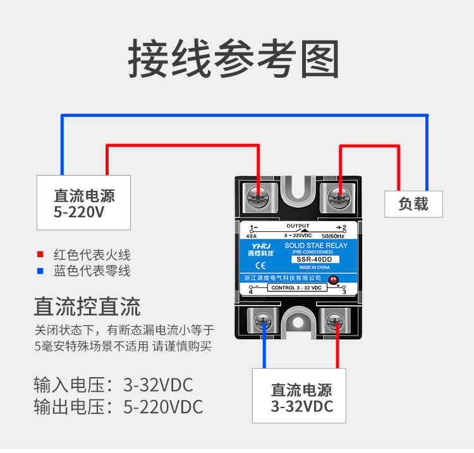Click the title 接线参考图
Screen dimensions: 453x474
tap(233, 59)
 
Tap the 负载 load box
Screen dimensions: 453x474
tap(413, 203)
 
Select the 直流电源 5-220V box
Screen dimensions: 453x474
tap(84, 203)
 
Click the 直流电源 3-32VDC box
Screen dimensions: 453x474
tap(301, 396)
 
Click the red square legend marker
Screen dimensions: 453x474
tap(40, 255)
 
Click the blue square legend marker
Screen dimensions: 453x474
tap(40, 271)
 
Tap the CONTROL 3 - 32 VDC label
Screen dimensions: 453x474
tap(297, 288)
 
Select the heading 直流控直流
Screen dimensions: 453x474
tap(87, 307)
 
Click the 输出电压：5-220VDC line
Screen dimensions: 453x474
tap(118, 407)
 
